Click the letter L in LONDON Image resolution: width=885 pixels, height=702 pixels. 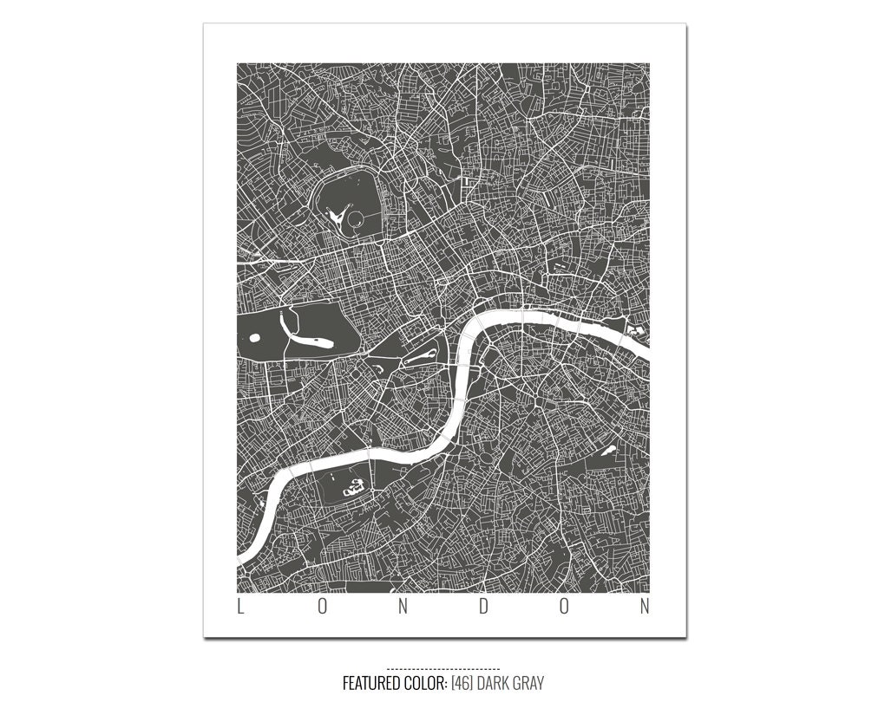click(x=241, y=607)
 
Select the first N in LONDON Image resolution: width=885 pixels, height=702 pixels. click(x=403, y=607)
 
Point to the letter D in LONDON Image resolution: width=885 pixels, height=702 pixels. click(x=483, y=607)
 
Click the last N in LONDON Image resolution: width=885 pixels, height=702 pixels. click(x=645, y=607)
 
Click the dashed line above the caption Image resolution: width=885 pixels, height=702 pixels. click(x=442, y=668)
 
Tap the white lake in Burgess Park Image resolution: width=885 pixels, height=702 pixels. click(x=608, y=449)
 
